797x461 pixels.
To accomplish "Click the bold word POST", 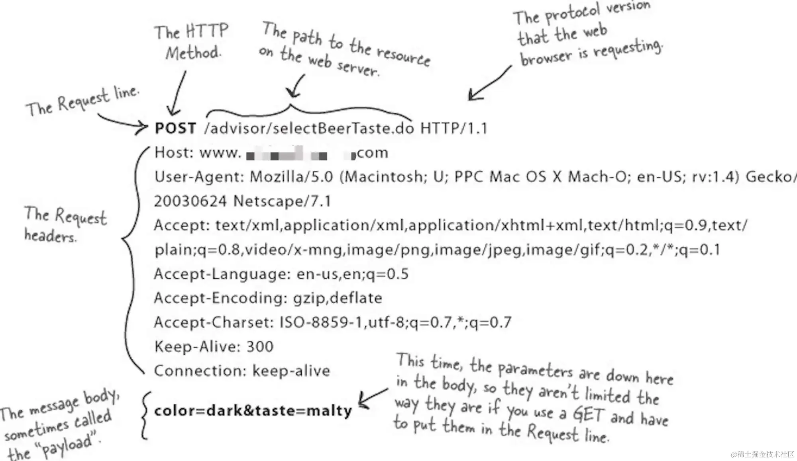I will (175, 128).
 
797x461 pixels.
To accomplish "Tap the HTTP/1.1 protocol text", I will (454, 128).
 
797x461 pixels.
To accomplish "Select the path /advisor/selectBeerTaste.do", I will (309, 128).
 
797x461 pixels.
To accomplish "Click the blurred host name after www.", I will (299, 154).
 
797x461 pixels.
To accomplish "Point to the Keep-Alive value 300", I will (260, 346).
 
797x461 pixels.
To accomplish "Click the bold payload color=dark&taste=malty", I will (253, 410).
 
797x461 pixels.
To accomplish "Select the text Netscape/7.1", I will (282, 201).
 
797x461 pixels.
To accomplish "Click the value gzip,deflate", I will (338, 298).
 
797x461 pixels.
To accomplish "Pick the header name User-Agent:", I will (199, 177).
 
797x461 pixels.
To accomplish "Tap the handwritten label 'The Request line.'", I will (82, 102).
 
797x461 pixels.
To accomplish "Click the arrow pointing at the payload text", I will (372, 398).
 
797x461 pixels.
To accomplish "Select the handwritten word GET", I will (589, 414).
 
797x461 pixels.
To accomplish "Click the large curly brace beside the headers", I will (132, 259).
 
